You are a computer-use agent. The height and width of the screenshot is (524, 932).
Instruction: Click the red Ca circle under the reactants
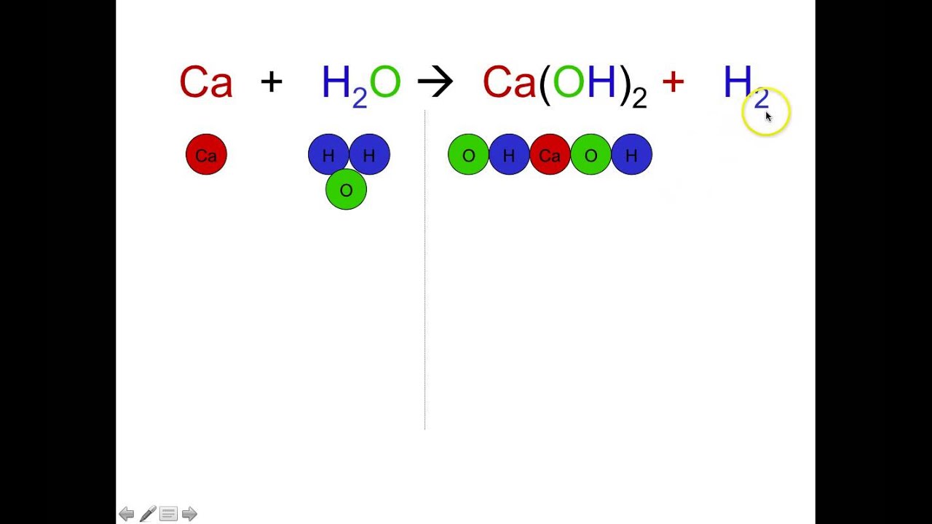coord(206,154)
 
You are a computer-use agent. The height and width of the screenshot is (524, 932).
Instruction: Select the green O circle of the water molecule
coord(346,190)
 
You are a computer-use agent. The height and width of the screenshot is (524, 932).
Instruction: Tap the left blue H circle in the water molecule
coord(328,154)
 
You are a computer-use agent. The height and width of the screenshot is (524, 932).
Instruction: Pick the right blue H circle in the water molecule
coord(370,154)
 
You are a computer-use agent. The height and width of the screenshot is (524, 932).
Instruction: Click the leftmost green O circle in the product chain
coord(468,154)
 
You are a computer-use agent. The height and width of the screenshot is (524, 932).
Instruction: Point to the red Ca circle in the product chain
coord(550,154)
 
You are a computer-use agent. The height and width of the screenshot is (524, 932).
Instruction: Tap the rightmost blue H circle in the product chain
coord(631,154)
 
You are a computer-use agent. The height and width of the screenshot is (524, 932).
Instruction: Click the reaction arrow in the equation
coord(435,82)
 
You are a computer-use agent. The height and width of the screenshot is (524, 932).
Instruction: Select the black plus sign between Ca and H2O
coord(271,82)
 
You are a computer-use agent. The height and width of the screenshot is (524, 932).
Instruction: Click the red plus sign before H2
coord(673,82)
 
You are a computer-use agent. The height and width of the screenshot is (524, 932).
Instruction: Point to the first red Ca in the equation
coord(206,82)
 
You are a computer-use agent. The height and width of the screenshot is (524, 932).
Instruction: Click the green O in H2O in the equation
coord(385,82)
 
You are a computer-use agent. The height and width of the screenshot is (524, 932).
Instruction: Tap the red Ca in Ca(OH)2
coord(509,82)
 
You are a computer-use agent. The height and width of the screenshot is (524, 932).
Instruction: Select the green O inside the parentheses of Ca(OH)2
coord(569,82)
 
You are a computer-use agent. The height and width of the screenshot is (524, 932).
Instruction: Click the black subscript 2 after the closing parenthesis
coord(639,98)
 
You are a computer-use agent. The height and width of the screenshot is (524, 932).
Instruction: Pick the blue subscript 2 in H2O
coord(360,98)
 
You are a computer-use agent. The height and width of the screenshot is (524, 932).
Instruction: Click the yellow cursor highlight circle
coord(766,112)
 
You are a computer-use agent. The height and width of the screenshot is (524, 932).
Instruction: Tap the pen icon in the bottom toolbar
coord(148,514)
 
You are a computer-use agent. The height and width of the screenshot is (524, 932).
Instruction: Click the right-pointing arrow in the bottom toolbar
coord(189,514)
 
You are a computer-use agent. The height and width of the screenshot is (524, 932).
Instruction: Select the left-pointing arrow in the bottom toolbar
coord(126,514)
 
